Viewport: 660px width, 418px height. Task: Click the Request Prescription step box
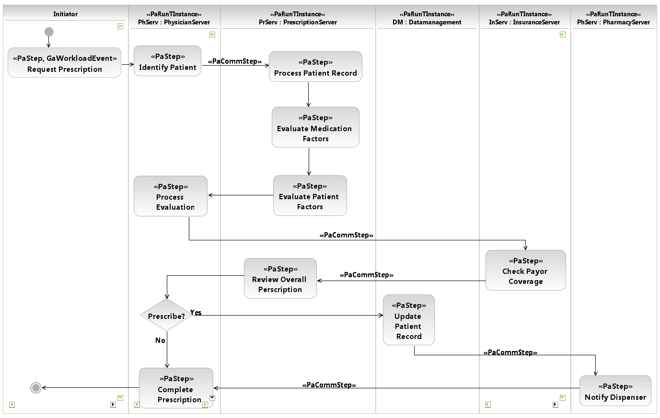pyautogui.click(x=64, y=63)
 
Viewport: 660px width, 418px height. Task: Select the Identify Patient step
pyautogui.click(x=167, y=61)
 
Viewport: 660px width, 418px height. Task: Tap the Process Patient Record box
pyautogui.click(x=315, y=67)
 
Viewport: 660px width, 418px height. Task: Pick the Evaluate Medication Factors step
pyautogui.click(x=315, y=127)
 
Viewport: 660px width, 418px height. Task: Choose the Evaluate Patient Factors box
pyautogui.click(x=310, y=196)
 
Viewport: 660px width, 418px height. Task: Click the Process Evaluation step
pyautogui.click(x=170, y=196)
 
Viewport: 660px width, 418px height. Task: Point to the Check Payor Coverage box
pyautogui.click(x=525, y=271)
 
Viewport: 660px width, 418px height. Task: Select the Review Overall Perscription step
pyautogui.click(x=280, y=279)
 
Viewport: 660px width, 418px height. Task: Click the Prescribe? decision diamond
pyautogui.click(x=166, y=316)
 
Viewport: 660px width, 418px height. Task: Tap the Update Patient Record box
pyautogui.click(x=408, y=320)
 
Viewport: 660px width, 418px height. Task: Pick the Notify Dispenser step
pyautogui.click(x=615, y=391)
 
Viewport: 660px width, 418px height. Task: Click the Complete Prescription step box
pyautogui.click(x=176, y=388)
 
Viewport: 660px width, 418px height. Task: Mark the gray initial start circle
pyautogui.click(x=49, y=32)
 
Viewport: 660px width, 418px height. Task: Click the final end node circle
pyautogui.click(x=36, y=388)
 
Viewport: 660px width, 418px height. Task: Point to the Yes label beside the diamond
pyautogui.click(x=196, y=313)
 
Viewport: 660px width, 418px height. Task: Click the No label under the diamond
pyautogui.click(x=160, y=340)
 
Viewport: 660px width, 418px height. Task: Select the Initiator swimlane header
pyautogui.click(x=65, y=14)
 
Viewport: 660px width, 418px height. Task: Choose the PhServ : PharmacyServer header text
pyautogui.click(x=613, y=22)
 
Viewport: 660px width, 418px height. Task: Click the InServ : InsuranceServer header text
pyautogui.click(x=524, y=22)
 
